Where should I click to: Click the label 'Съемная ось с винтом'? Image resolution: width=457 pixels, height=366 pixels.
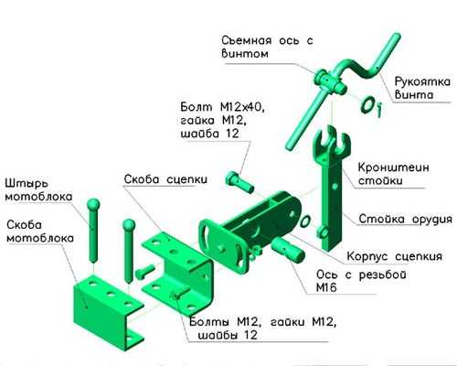click(267, 47)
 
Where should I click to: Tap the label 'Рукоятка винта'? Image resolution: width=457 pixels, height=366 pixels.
click(422, 88)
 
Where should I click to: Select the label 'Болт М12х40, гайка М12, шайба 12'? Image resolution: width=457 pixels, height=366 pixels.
click(221, 121)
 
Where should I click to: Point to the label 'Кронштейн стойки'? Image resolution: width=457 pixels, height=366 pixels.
click(393, 174)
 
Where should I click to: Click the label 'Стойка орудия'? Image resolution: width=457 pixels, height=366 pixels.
click(405, 219)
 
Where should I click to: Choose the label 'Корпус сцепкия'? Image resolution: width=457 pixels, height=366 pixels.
click(395, 256)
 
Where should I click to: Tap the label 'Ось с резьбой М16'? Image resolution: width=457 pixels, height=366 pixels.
click(361, 281)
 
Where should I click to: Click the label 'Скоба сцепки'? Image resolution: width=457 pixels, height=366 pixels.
click(165, 179)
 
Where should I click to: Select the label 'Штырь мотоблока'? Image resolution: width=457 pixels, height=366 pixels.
click(38, 190)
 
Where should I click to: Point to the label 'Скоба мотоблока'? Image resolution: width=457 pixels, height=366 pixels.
click(40, 231)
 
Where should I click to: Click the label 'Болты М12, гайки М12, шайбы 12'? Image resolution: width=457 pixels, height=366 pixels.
click(262, 328)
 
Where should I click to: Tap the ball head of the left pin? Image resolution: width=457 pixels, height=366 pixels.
click(93, 205)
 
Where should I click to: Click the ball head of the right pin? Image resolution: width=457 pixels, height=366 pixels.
click(129, 225)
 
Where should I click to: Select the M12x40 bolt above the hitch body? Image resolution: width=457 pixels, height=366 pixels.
click(239, 182)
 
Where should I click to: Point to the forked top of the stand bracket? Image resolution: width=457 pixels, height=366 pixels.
click(332, 141)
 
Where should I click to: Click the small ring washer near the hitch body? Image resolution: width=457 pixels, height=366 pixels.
click(305, 221)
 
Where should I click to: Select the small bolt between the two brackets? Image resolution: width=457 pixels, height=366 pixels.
click(144, 273)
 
